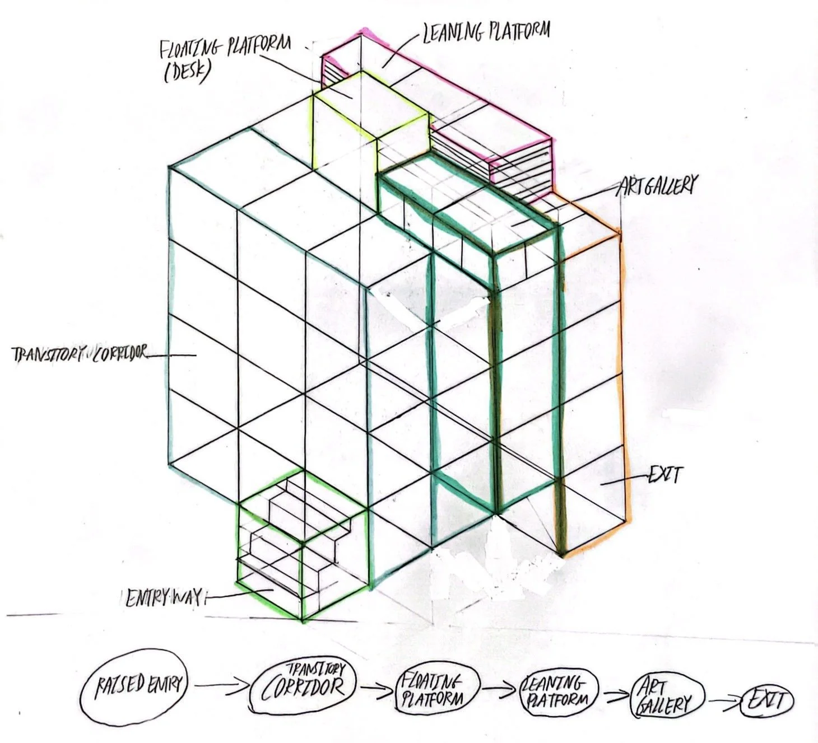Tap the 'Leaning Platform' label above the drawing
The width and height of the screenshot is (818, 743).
tap(485, 32)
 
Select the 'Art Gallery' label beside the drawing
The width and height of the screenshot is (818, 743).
tap(657, 185)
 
